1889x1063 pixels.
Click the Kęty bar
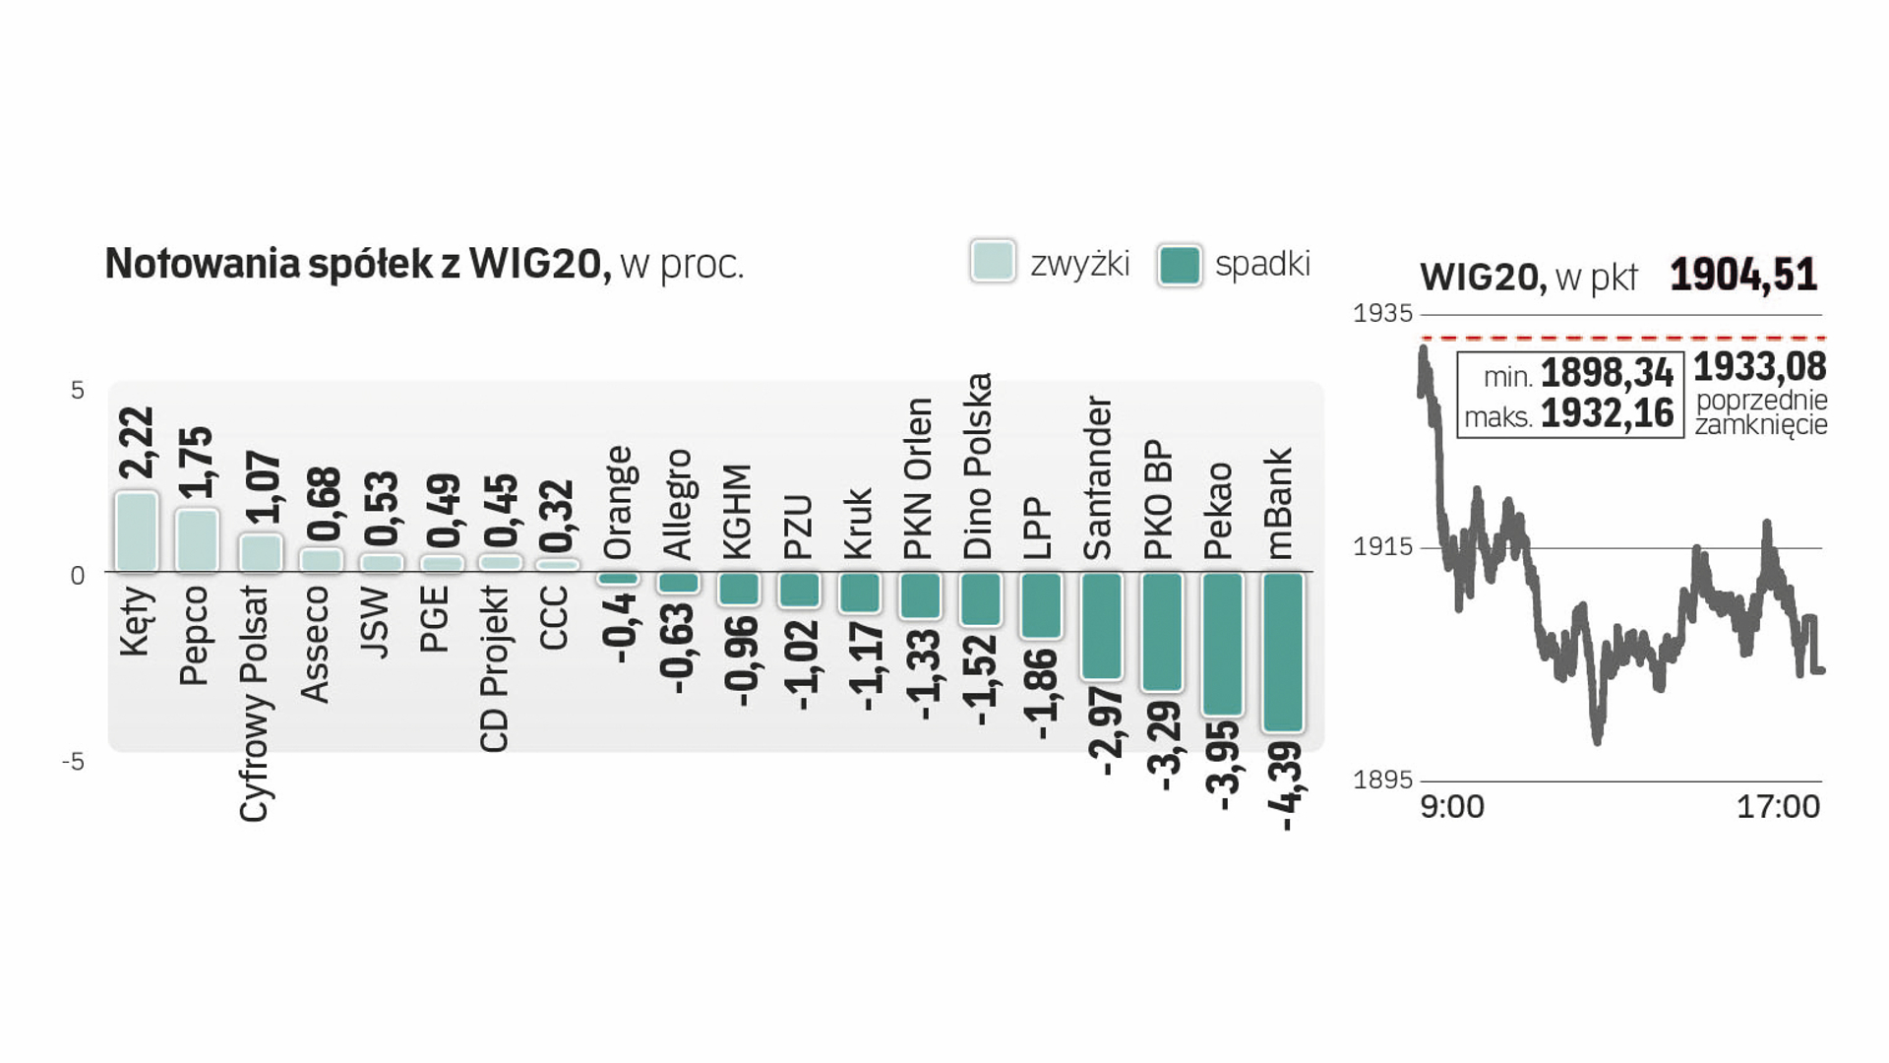(137, 531)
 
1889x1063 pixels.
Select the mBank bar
(1283, 653)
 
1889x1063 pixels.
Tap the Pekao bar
(1223, 644)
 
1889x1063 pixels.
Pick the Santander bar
(1102, 626)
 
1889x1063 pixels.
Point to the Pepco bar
(197, 540)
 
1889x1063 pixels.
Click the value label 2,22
(137, 443)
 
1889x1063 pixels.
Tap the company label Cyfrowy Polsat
(255, 704)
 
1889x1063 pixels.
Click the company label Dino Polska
(978, 466)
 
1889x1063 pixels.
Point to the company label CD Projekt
(495, 669)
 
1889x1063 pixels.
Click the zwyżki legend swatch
(993, 263)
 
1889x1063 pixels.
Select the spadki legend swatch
(1180, 265)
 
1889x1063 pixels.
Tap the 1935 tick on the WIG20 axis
(1382, 314)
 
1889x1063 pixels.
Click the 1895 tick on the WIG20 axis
(1382, 781)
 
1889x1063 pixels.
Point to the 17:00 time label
(1778, 807)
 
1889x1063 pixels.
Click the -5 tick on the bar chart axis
(74, 762)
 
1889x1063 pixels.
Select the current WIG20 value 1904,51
(1743, 275)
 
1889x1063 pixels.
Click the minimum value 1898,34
(1607, 374)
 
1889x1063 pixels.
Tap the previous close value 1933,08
(1760, 367)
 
